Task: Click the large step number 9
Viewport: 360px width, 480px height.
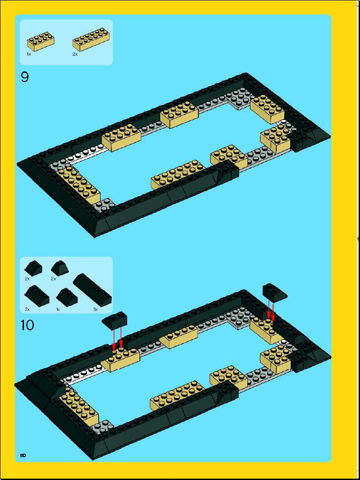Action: [x=25, y=77]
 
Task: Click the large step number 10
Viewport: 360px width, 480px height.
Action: [x=28, y=325]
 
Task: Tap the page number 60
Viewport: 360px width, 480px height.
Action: [x=23, y=455]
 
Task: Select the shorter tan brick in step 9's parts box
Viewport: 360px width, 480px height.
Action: [x=41, y=42]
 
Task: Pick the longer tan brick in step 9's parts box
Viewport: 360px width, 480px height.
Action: [x=91, y=39]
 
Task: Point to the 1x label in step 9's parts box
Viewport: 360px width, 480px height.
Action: [x=29, y=54]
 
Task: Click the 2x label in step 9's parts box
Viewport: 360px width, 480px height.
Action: [x=75, y=54]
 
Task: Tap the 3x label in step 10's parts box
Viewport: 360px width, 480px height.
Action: [x=95, y=309]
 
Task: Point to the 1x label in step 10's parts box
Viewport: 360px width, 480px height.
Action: [x=58, y=309]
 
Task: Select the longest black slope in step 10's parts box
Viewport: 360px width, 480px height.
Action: [x=92, y=290]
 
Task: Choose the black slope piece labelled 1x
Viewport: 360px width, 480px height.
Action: [x=67, y=298]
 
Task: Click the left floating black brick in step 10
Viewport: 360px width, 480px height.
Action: [x=114, y=321]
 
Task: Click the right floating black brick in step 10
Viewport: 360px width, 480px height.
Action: [x=275, y=293]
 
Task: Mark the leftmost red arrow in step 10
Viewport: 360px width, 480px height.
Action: [x=114, y=340]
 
